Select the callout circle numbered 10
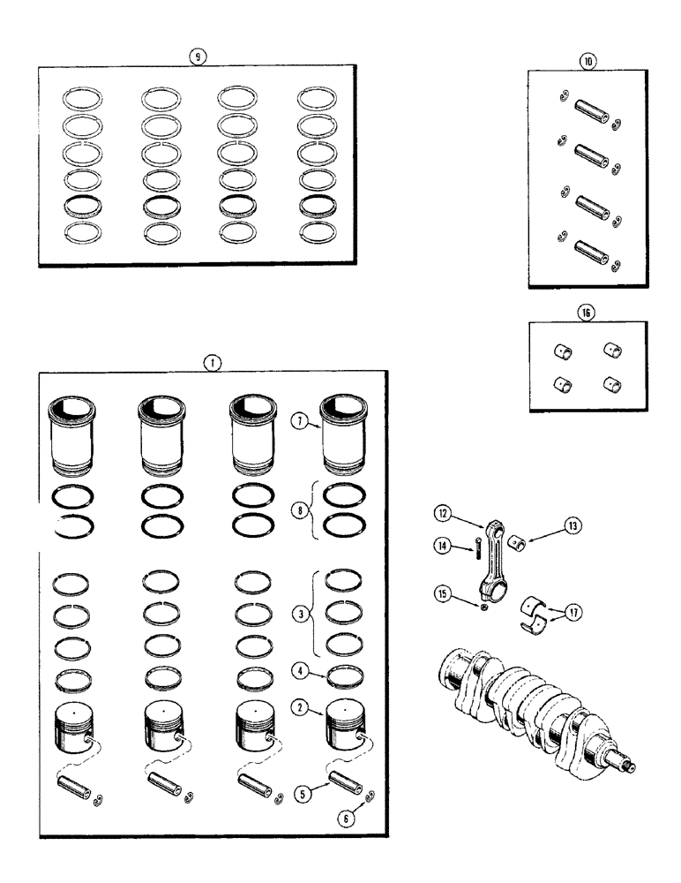[587, 61]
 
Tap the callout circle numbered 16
[587, 312]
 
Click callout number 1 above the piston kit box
[211, 361]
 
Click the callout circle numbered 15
[443, 592]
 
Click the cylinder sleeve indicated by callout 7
[346, 434]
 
